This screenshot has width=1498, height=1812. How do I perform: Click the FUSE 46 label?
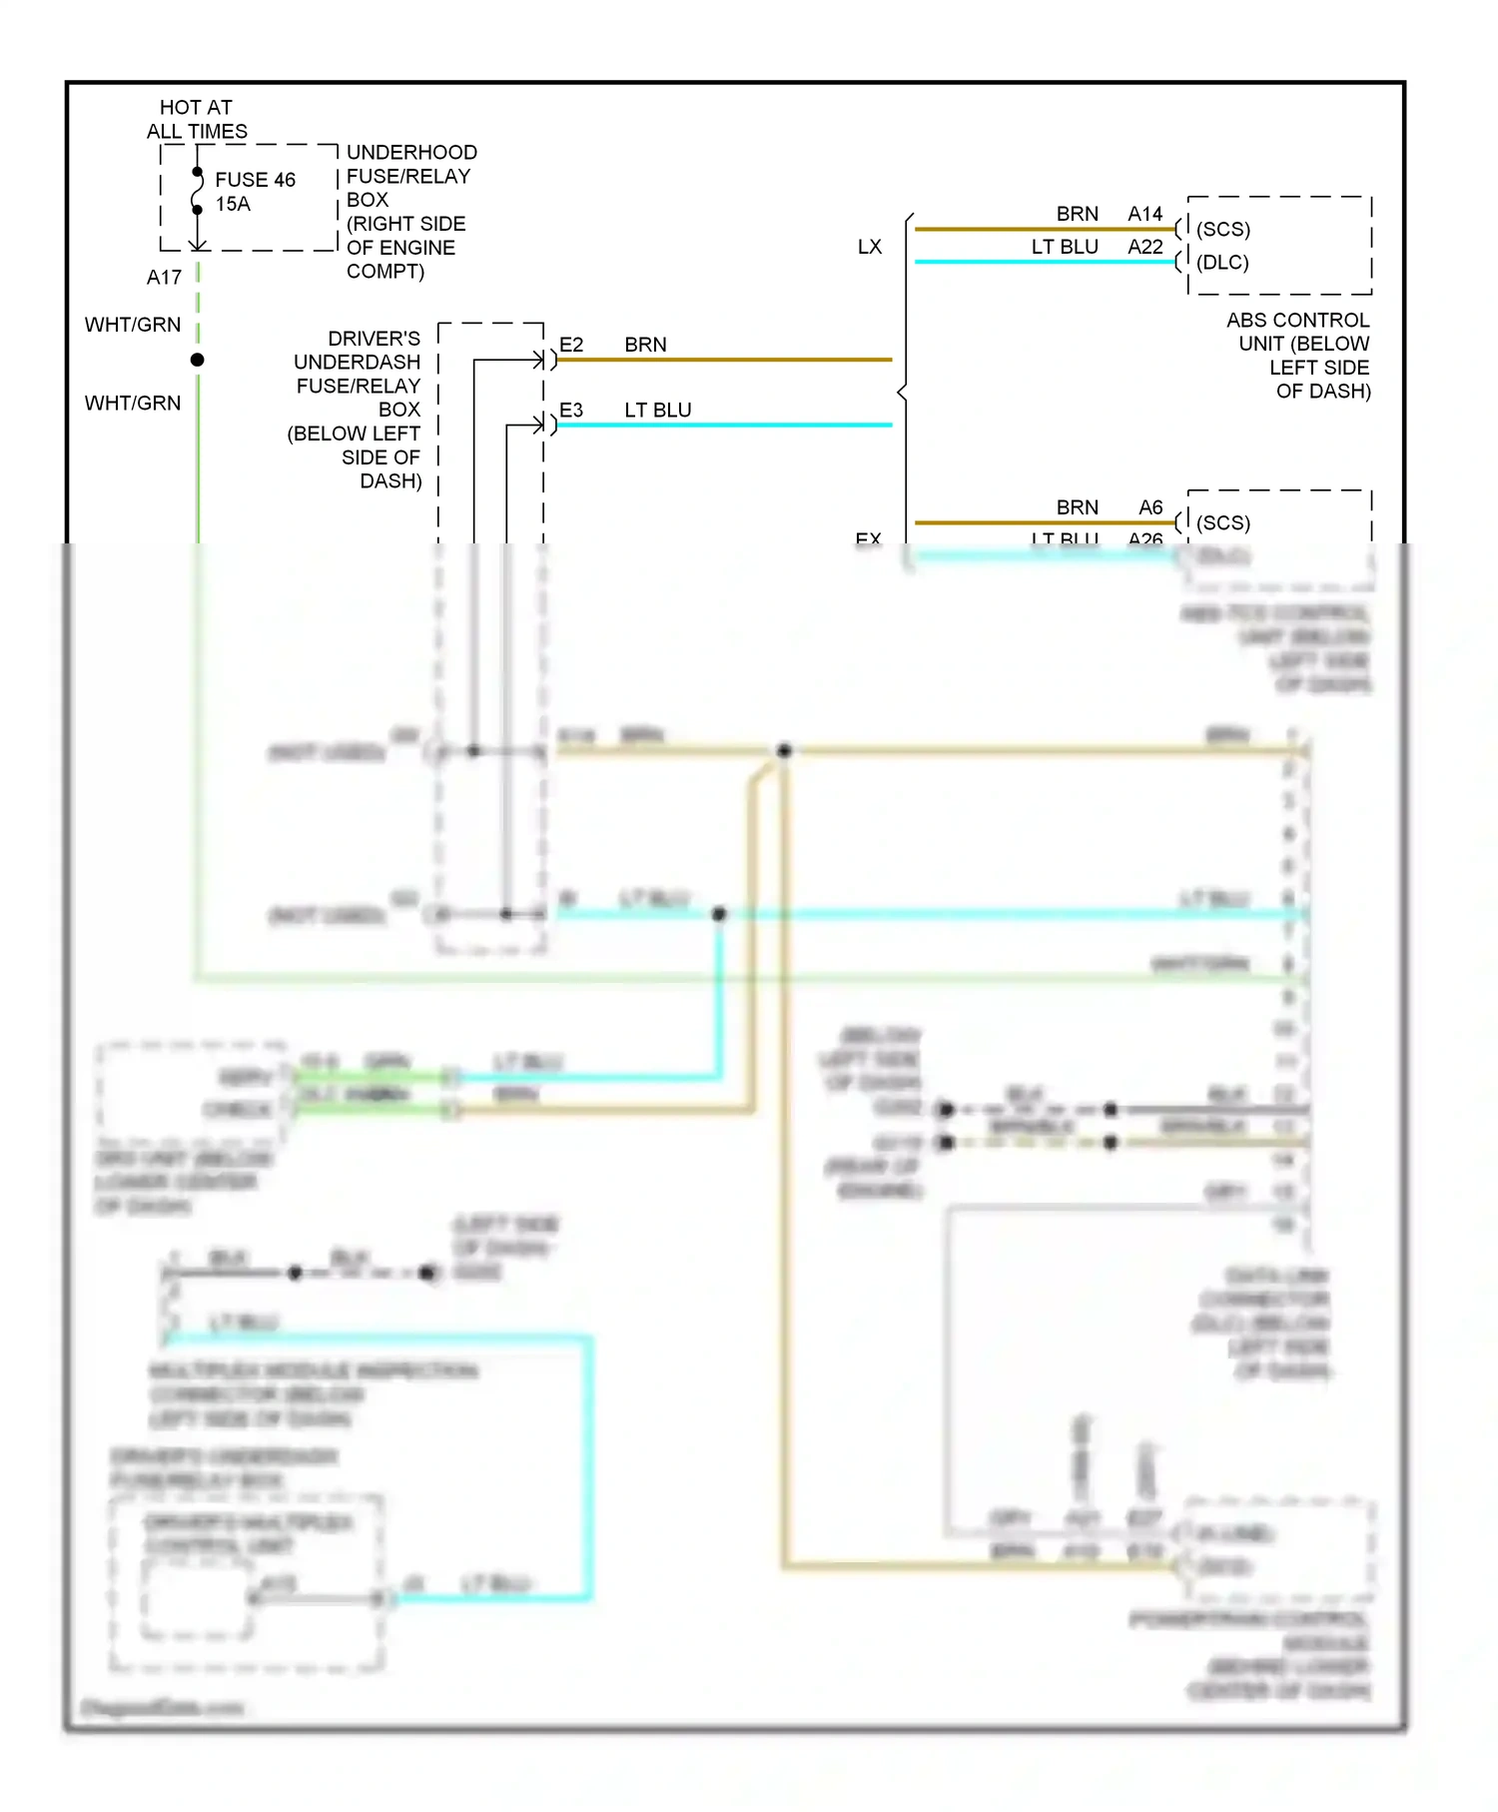(x=255, y=180)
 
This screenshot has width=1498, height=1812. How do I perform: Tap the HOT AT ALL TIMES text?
(x=196, y=119)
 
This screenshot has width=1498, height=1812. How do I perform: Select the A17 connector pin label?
(x=164, y=278)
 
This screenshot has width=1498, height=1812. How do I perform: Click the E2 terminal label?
(x=570, y=345)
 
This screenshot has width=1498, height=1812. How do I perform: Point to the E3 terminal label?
(x=570, y=411)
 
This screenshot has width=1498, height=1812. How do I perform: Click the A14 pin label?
(x=1144, y=214)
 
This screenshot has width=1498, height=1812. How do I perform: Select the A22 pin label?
(x=1144, y=247)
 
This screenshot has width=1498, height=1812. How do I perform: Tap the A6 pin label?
(x=1150, y=507)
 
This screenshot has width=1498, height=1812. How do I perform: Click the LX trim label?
(x=869, y=247)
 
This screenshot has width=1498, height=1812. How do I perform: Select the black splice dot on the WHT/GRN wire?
(x=198, y=360)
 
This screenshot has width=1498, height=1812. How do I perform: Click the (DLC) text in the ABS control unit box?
(x=1222, y=263)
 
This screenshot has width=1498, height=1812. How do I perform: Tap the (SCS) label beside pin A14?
(x=1222, y=230)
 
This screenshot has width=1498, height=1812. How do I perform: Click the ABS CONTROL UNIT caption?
(x=1298, y=356)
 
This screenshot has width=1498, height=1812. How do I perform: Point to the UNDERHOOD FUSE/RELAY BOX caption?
(x=409, y=212)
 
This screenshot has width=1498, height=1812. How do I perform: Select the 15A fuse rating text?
(x=233, y=204)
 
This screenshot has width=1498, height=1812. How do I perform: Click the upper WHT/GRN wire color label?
(x=133, y=325)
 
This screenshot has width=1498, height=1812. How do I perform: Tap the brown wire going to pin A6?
(x=1039, y=522)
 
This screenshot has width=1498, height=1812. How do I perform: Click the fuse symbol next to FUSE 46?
(x=198, y=192)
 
